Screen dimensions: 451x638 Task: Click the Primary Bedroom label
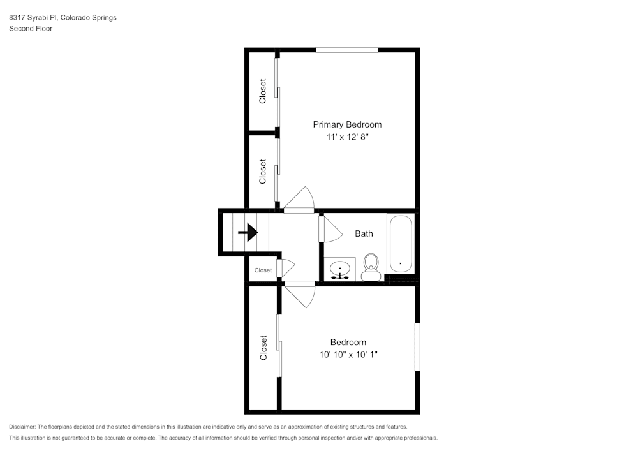tap(347, 124)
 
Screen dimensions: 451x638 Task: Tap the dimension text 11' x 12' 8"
tap(347, 137)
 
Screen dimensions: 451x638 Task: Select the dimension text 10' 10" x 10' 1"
tap(348, 355)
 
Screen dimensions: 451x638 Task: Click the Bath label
tap(364, 233)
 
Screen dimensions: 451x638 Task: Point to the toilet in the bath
tap(371, 266)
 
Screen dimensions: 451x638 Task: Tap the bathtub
tap(401, 244)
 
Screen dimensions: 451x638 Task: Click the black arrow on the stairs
tap(248, 232)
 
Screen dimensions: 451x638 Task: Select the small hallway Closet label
tap(263, 270)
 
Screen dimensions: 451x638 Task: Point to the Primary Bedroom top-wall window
tap(346, 50)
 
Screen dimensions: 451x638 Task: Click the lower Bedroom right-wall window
tap(417, 347)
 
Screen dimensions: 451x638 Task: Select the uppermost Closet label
tap(263, 91)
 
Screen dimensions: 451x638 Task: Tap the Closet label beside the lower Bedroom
tap(263, 348)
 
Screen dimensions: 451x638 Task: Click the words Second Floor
tap(31, 29)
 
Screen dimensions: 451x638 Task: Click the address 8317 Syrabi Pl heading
tap(63, 18)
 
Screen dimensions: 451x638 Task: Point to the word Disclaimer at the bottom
tap(22, 426)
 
